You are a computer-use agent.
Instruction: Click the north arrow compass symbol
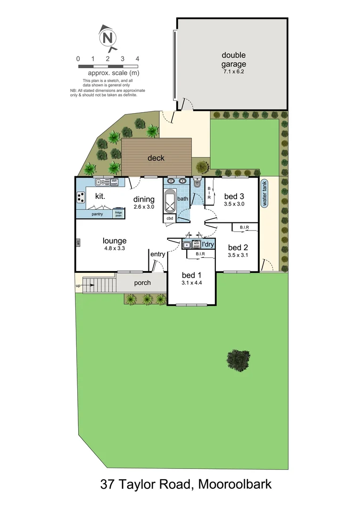[108, 37]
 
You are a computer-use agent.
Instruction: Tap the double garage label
[234, 60]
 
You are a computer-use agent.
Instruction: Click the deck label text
[156, 158]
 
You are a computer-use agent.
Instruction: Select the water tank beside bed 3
[264, 194]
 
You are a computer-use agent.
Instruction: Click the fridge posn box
[119, 214]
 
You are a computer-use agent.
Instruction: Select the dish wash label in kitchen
[114, 182]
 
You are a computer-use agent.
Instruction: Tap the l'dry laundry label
[208, 244]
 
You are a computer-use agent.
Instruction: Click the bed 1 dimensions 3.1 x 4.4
[192, 283]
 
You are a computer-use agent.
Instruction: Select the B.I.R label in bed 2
[244, 228]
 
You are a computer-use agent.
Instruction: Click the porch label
[142, 283]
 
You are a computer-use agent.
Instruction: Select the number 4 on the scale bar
[137, 59]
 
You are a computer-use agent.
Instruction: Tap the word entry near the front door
[157, 254]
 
